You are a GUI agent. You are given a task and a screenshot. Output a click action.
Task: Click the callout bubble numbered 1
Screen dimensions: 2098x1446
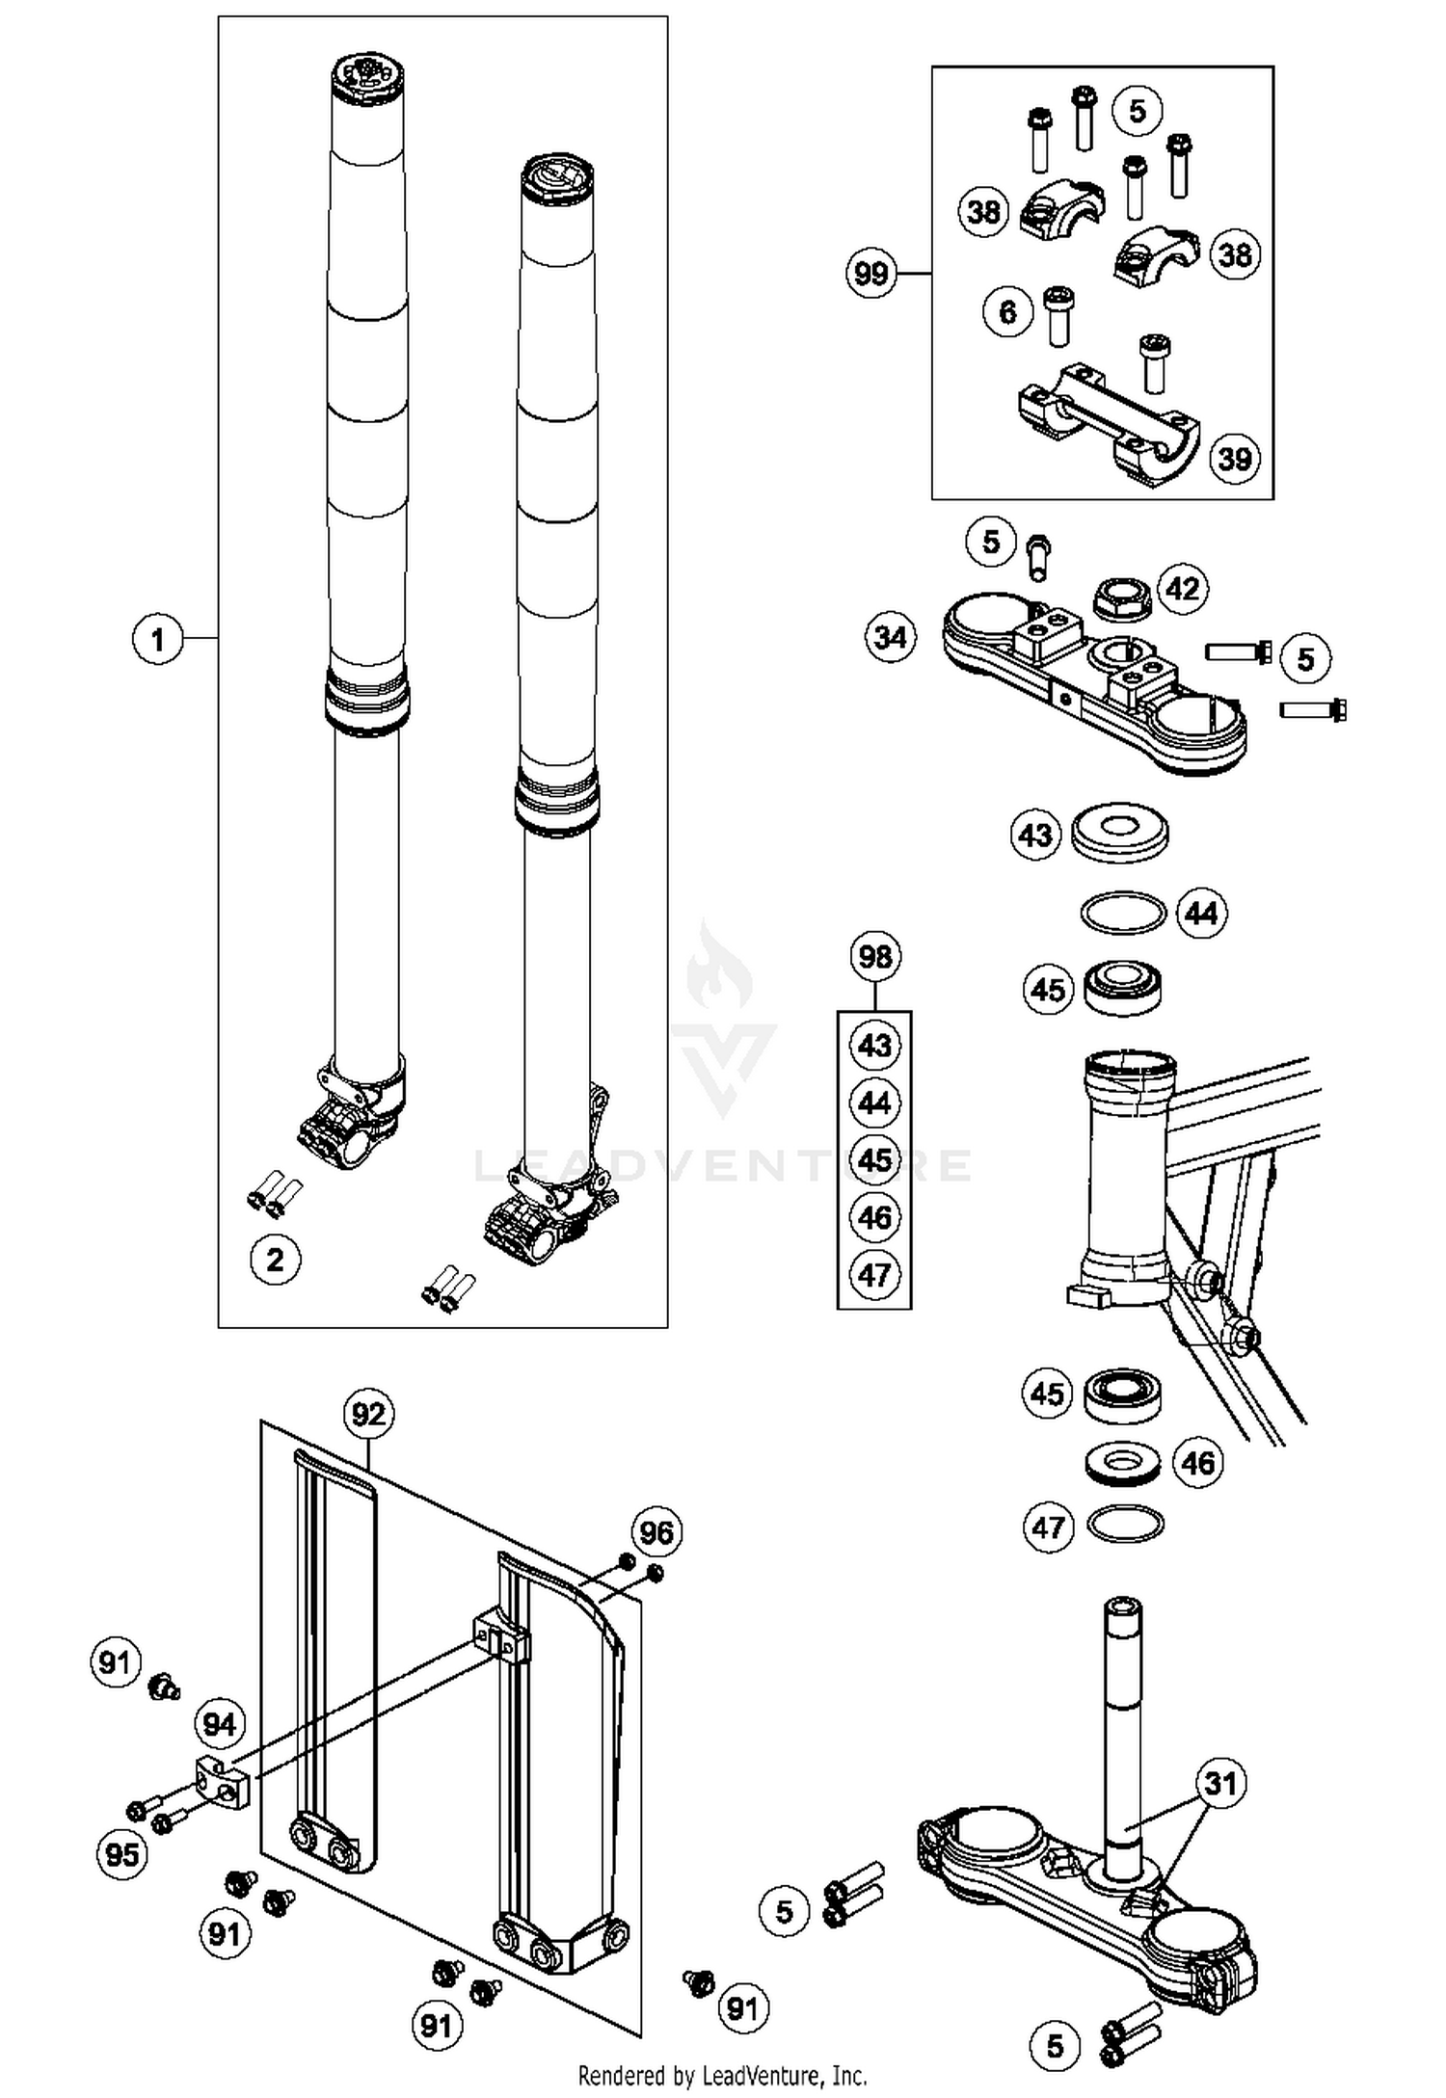[x=157, y=639]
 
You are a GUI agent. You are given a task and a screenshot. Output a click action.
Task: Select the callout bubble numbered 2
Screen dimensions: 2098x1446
[x=275, y=1260]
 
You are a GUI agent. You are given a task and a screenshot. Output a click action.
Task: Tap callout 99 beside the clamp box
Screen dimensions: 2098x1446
[x=870, y=274]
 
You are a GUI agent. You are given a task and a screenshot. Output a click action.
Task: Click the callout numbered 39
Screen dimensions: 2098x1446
[x=1235, y=458]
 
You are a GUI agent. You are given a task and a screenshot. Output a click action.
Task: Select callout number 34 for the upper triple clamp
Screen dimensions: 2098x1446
[x=890, y=637]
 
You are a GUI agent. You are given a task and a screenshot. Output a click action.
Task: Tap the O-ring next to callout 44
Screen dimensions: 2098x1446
[x=1122, y=912]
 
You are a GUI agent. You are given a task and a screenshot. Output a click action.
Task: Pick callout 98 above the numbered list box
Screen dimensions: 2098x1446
[x=874, y=957]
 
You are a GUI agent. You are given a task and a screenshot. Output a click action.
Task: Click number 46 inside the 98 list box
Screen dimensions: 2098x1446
[x=874, y=1217]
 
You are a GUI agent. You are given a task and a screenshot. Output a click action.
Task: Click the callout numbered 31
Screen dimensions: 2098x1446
[x=1220, y=1783]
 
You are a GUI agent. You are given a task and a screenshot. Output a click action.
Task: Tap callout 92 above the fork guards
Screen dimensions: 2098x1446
[x=368, y=1414]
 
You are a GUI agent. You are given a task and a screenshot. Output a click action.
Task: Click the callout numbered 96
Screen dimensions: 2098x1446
[x=656, y=1531]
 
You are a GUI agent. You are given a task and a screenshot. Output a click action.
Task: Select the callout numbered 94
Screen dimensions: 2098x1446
[x=220, y=1724]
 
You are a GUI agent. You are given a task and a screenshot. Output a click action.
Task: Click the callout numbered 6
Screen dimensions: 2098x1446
[x=1007, y=311]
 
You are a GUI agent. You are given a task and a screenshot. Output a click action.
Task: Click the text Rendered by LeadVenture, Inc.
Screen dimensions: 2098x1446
[x=722, y=2074]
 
